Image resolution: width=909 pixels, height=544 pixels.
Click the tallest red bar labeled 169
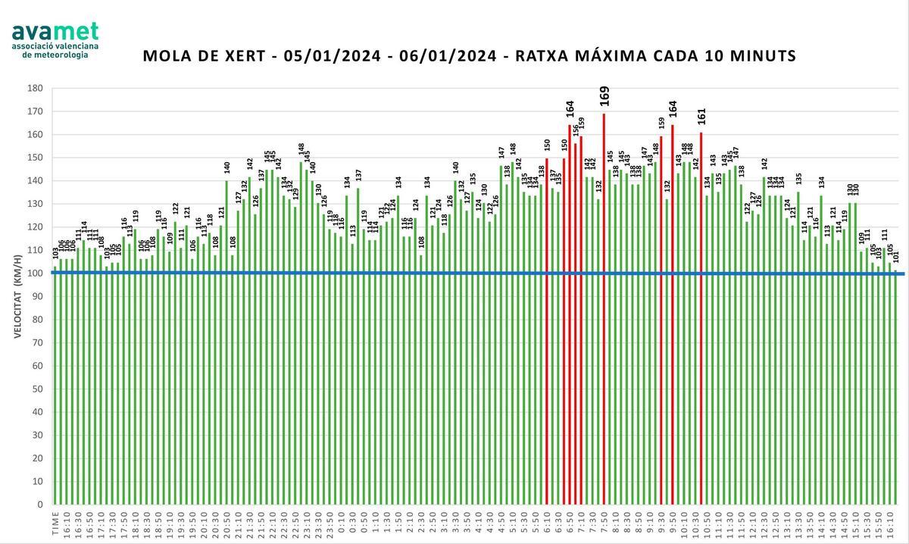[x=604, y=303]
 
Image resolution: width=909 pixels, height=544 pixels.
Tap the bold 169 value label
[x=604, y=96]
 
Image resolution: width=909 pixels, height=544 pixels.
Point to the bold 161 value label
[x=701, y=116]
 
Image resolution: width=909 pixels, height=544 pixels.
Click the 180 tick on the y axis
[x=35, y=88]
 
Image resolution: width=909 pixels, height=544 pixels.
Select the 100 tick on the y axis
[x=35, y=274]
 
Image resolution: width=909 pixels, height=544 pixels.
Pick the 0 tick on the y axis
[x=39, y=505]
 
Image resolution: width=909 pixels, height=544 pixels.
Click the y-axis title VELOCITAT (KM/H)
[x=17, y=296]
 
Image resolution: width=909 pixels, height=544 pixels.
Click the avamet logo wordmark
[x=55, y=32]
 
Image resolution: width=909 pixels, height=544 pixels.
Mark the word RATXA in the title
[x=535, y=56]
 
